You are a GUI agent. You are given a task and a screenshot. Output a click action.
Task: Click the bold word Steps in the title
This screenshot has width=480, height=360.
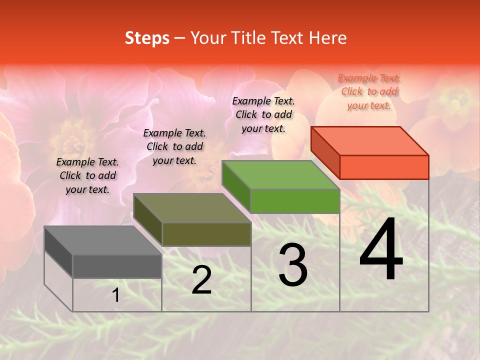click(x=147, y=38)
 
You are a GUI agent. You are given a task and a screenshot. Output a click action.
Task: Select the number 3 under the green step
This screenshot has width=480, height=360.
click(x=292, y=266)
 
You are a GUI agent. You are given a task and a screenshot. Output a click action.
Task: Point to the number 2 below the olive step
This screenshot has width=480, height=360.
click(x=201, y=280)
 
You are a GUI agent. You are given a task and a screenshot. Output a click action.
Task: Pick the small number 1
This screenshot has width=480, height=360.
click(x=115, y=295)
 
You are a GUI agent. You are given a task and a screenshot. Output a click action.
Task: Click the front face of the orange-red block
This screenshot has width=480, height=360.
click(x=384, y=167)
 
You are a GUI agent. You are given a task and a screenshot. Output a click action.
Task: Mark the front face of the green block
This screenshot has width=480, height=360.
click(x=295, y=201)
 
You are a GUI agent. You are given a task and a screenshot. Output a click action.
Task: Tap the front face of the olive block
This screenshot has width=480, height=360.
click(x=206, y=234)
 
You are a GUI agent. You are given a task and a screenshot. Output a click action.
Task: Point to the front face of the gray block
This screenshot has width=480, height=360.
click(x=117, y=266)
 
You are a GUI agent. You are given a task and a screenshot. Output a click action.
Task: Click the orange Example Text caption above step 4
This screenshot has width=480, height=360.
click(x=369, y=91)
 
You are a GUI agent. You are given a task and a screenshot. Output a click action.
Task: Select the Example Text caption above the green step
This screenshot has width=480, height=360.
click(x=263, y=114)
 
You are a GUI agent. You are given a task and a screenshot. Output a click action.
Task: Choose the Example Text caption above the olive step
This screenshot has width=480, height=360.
click(x=174, y=146)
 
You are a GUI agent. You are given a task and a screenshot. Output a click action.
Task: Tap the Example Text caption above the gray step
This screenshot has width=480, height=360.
click(x=87, y=175)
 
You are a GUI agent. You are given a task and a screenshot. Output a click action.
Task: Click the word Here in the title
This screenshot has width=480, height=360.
click(x=327, y=38)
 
